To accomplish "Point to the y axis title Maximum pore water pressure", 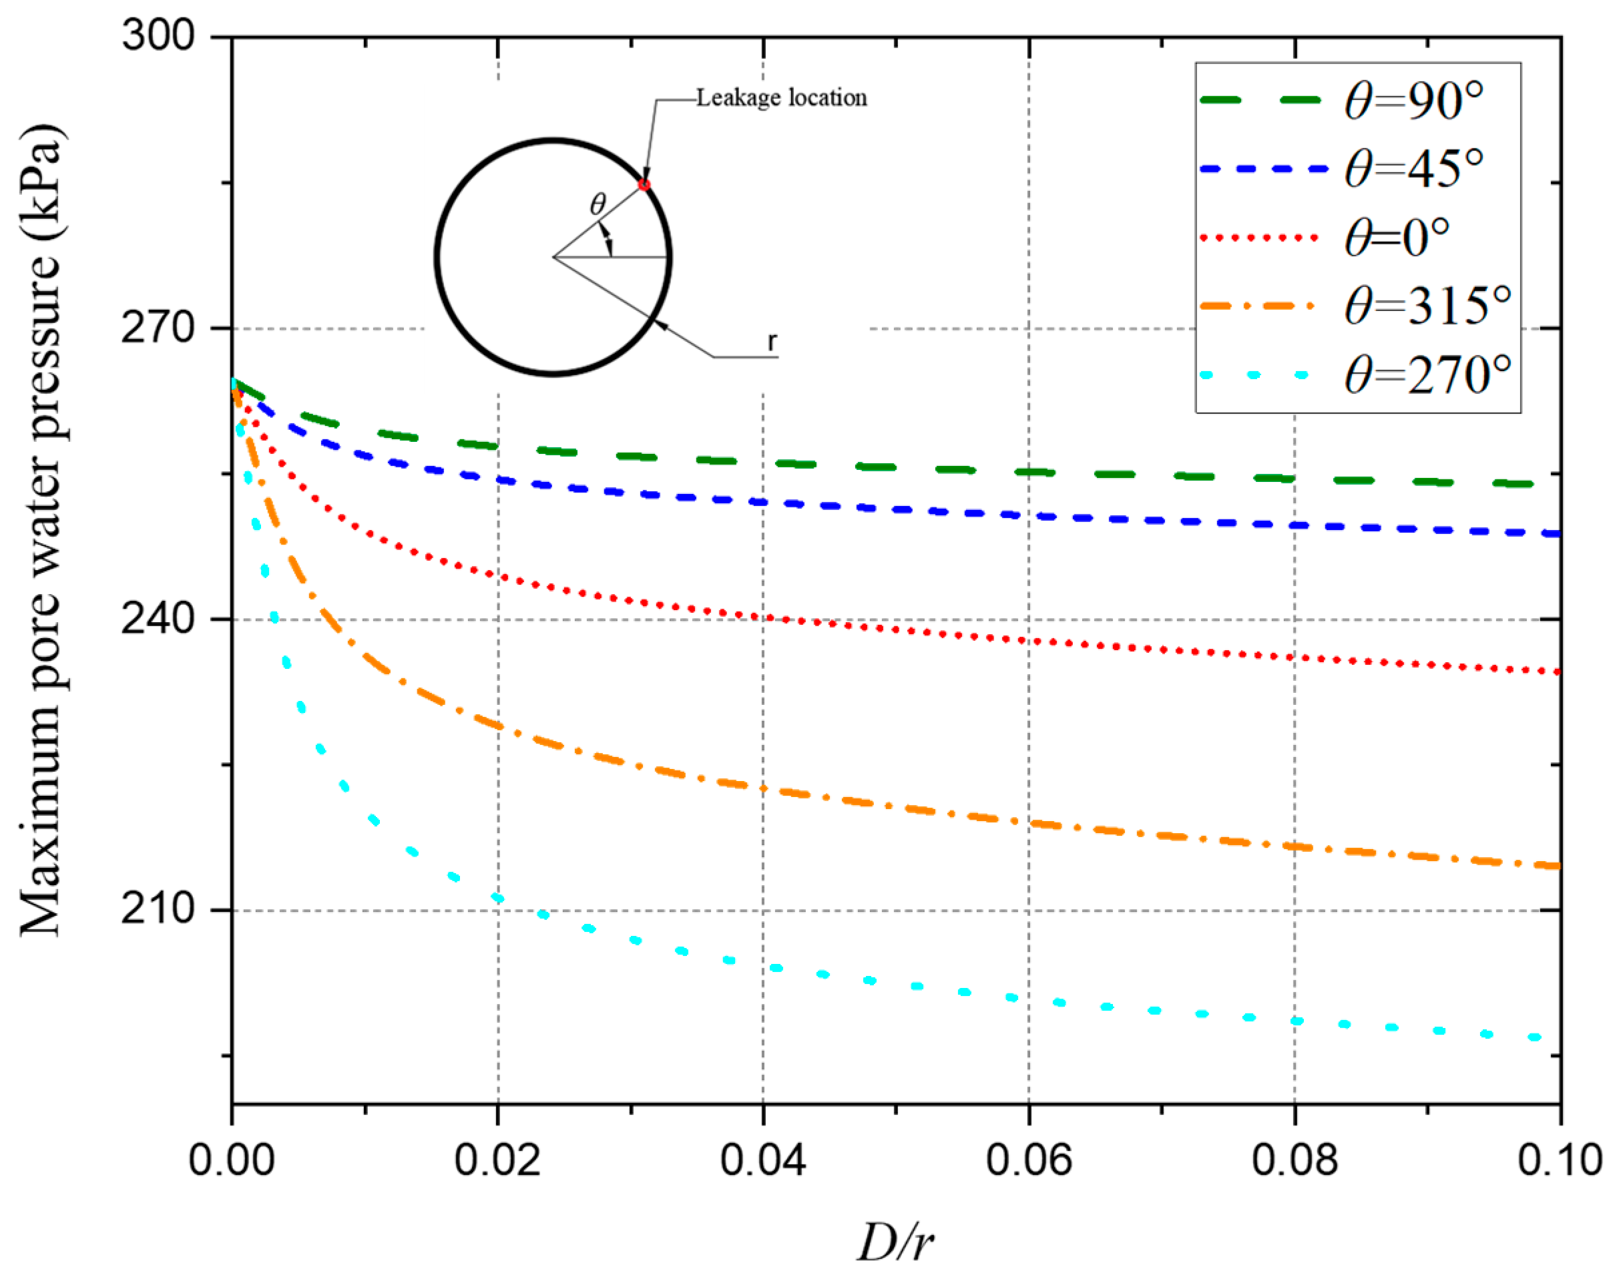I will click(x=41, y=530).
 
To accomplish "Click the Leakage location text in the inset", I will click(x=781, y=97).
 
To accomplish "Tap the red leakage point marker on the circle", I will click(x=644, y=184).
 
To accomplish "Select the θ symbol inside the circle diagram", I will click(x=598, y=204).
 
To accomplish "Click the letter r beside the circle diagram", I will click(x=772, y=341).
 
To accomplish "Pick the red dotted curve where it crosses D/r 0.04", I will click(x=763, y=617).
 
